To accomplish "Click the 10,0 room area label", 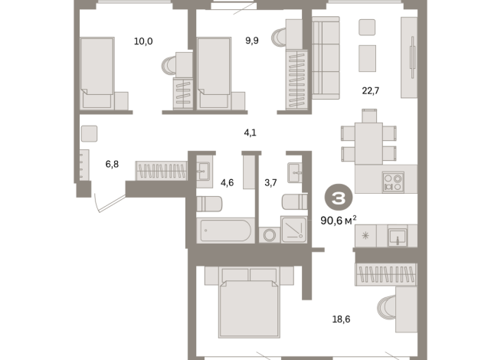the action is click(x=143, y=41).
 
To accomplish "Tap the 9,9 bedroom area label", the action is click(x=252, y=41).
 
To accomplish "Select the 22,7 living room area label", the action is click(x=371, y=91).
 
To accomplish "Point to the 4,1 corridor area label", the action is click(x=250, y=133).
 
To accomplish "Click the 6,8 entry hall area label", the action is click(x=112, y=164).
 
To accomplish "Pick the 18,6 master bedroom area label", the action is click(x=341, y=319).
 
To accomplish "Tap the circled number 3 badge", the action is click(x=339, y=198).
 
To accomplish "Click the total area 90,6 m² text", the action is click(x=339, y=221).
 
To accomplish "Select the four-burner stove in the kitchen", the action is click(x=393, y=182).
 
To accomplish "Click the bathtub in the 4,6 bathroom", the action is click(x=225, y=231).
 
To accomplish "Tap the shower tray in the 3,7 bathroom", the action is click(x=294, y=229).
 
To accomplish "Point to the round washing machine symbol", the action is click(x=270, y=235).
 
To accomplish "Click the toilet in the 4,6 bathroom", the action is click(x=209, y=204).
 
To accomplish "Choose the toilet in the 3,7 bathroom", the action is click(x=295, y=201).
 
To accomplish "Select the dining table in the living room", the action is click(x=368, y=143).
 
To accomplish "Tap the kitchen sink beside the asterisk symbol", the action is click(x=398, y=237).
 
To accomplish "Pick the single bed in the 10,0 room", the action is click(x=97, y=73).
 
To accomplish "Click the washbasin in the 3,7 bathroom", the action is click(x=295, y=173).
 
